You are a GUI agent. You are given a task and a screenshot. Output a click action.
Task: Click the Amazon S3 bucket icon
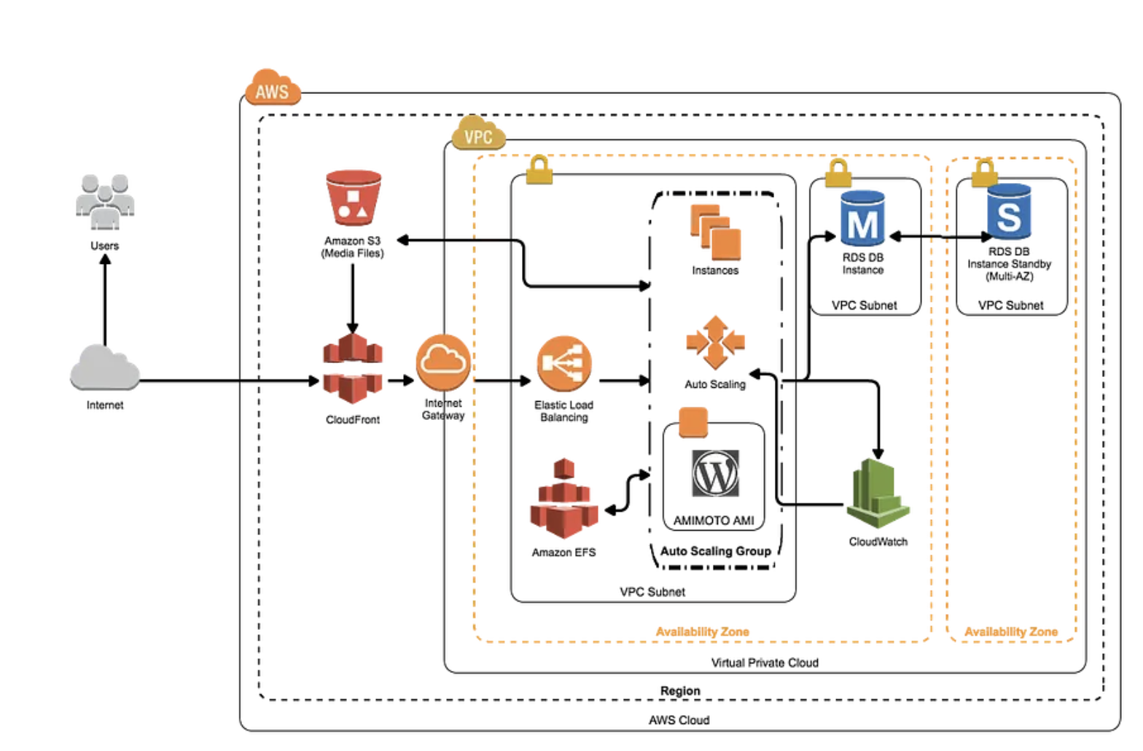click(x=354, y=198)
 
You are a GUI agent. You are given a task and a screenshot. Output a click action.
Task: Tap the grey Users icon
click(x=105, y=202)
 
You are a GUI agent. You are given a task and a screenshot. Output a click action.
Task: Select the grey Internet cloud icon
click(x=105, y=368)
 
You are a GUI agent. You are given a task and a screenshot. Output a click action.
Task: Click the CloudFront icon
click(x=353, y=369)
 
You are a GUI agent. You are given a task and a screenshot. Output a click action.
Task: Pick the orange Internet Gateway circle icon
click(x=443, y=362)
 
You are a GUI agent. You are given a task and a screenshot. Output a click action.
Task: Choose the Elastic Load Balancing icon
click(x=563, y=364)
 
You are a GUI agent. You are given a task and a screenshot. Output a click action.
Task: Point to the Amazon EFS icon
click(x=563, y=499)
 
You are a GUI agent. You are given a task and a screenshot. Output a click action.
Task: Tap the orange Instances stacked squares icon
click(x=715, y=233)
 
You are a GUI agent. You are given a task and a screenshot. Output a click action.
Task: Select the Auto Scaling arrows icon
click(x=715, y=342)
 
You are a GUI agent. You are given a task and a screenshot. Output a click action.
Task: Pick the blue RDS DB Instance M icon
click(x=863, y=219)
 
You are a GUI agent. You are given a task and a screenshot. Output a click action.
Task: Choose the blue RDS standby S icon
click(x=1009, y=213)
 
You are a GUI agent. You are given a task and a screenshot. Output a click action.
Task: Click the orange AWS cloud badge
click(x=272, y=89)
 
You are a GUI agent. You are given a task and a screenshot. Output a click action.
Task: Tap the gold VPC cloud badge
click(x=478, y=134)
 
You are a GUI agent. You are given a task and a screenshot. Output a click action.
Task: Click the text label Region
click(x=680, y=690)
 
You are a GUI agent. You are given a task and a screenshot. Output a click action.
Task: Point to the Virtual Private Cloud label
click(x=765, y=663)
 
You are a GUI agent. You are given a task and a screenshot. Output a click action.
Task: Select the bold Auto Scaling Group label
click(x=715, y=551)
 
